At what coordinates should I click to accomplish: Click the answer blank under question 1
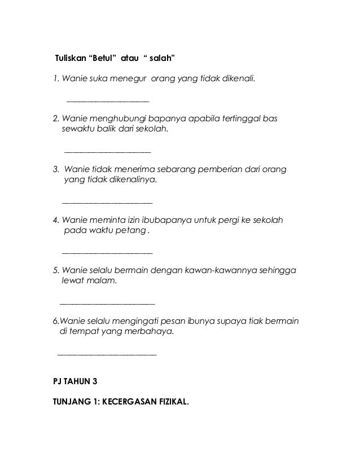pos(108,101)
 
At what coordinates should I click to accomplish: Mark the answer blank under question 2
pos(108,152)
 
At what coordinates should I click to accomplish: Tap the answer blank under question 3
pos(107,202)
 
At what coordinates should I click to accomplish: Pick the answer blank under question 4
pos(107,252)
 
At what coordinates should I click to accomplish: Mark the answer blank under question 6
pos(107,354)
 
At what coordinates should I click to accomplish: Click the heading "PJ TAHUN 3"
pos(74,382)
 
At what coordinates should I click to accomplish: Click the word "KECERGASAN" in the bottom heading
pos(126,403)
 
